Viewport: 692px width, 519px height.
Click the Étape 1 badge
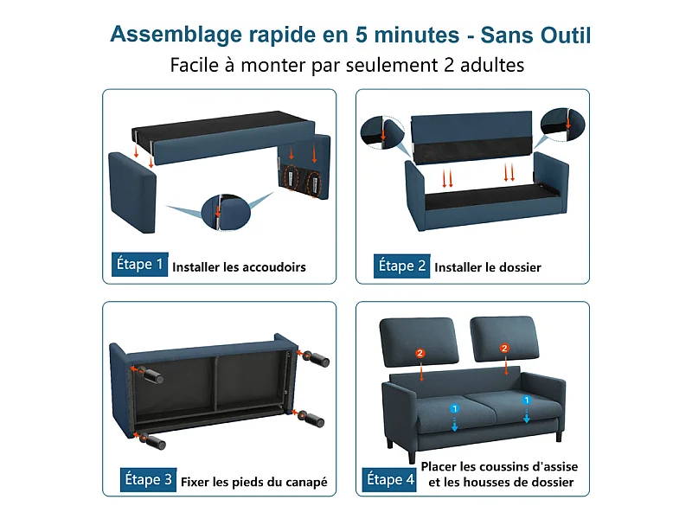point(138,264)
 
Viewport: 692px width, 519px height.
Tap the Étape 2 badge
point(401,266)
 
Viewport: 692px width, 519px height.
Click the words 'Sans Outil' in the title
point(536,35)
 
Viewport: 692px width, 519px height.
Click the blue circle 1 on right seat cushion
point(526,400)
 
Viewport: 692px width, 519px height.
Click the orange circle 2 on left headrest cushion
point(420,353)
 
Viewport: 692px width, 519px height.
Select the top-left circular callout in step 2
point(382,131)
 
